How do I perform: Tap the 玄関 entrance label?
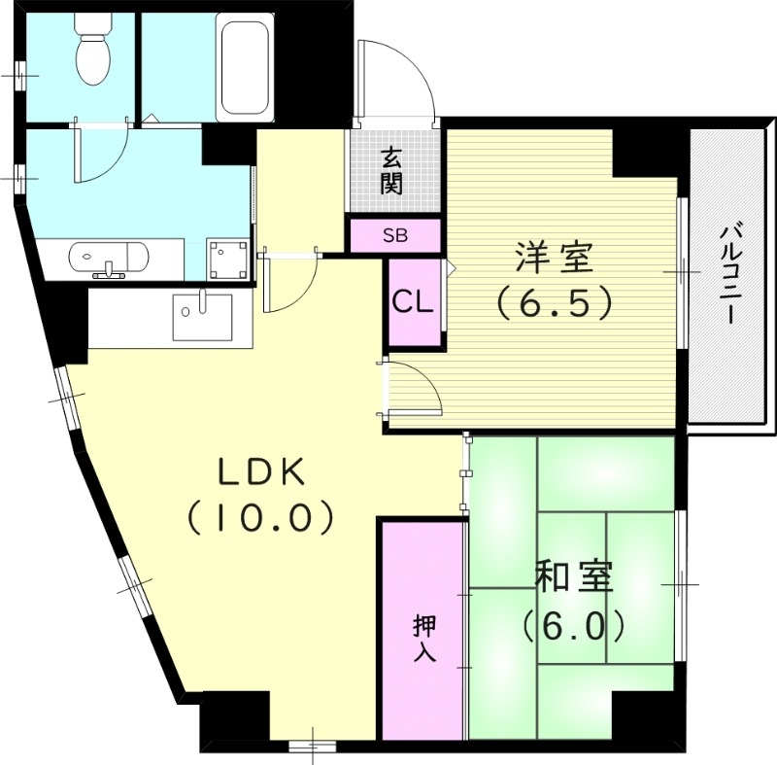[391, 171]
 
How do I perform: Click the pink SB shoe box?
[395, 235]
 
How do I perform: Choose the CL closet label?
[412, 303]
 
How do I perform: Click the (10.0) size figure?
[261, 517]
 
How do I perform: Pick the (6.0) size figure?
[572, 625]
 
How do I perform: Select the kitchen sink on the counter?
[202, 315]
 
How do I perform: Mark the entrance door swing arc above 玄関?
[398, 83]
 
